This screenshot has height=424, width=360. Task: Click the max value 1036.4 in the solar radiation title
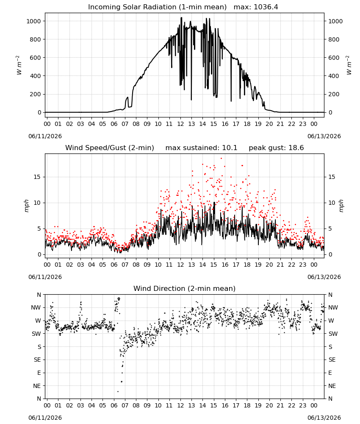[266, 7]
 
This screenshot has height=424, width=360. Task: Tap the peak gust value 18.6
[296, 148]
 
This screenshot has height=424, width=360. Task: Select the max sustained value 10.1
[230, 148]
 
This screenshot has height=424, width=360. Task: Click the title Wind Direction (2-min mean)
[185, 288]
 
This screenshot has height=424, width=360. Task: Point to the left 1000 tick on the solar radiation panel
[33, 21]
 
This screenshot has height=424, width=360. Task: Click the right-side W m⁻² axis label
[349, 65]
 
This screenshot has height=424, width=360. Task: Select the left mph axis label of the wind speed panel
[26, 206]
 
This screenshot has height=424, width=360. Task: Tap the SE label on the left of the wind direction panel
[37, 360]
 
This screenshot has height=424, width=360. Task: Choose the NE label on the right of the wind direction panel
[332, 386]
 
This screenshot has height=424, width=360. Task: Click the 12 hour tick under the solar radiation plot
[180, 124]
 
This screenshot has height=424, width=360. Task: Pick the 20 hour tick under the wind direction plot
[269, 405]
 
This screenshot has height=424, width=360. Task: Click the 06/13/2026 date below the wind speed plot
[324, 277]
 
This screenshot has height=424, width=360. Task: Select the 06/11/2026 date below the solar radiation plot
[45, 136]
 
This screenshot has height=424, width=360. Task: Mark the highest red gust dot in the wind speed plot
[221, 159]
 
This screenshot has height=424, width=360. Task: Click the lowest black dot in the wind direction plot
[118, 391]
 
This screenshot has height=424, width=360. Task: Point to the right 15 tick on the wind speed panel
[332, 177]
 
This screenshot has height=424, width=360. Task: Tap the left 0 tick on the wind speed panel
[39, 254]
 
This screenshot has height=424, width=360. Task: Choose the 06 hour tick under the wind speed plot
[114, 265]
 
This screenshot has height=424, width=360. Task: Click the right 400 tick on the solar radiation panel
[334, 76]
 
